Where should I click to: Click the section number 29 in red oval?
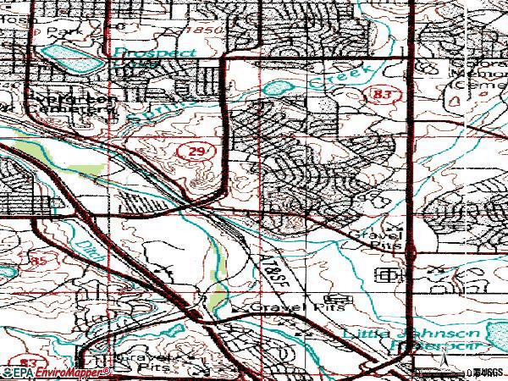[192, 150]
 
